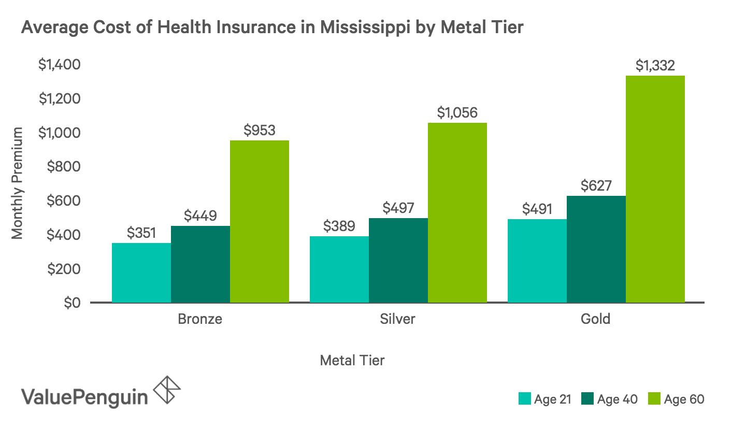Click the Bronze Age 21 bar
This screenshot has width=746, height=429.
point(141,273)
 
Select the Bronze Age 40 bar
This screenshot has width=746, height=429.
point(200,264)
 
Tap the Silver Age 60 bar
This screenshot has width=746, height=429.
point(457,212)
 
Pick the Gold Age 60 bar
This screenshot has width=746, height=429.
point(655,189)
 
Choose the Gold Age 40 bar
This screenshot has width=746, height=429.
point(596,249)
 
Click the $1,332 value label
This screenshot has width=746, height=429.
point(655,65)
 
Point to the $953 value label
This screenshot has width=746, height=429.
point(260,130)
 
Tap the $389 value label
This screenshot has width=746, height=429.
point(339,226)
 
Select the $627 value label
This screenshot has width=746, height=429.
point(596,185)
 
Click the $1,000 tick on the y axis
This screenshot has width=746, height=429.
point(59,133)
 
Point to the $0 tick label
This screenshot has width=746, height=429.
point(73,303)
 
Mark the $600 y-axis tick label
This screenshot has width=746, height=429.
point(64,201)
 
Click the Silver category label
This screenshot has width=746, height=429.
point(398,319)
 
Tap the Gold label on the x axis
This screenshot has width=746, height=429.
point(595,319)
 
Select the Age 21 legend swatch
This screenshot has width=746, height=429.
point(524,399)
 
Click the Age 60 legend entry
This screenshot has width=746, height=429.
point(676,399)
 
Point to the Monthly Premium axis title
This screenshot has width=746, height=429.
point(17,183)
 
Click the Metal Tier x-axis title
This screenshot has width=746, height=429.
point(352,361)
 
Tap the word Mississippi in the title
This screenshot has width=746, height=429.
point(365,27)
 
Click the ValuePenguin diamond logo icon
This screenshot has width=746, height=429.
point(167,390)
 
